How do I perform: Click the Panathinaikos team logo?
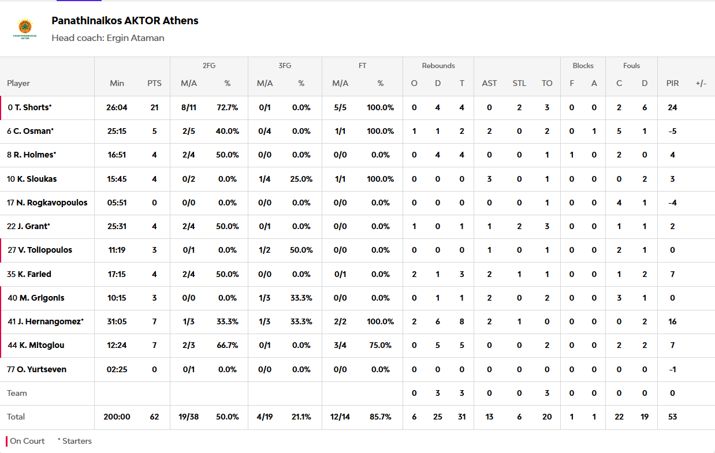[x=25, y=29]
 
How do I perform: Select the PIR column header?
[x=672, y=83]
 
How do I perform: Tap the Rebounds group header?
[x=438, y=66]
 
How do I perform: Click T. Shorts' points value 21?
[x=154, y=107]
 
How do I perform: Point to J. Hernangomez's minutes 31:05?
[x=117, y=321]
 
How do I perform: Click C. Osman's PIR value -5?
[x=672, y=131]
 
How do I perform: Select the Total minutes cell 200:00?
[x=117, y=417]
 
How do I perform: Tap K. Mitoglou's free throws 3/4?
[x=340, y=345]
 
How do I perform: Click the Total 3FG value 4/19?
[x=265, y=417]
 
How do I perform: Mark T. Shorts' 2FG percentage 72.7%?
[x=228, y=107]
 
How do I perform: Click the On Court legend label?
[x=27, y=441]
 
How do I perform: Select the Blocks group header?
[x=583, y=66]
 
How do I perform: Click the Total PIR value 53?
[x=672, y=417]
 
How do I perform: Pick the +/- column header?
[x=701, y=83]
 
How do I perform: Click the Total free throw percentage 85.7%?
[x=380, y=417]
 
